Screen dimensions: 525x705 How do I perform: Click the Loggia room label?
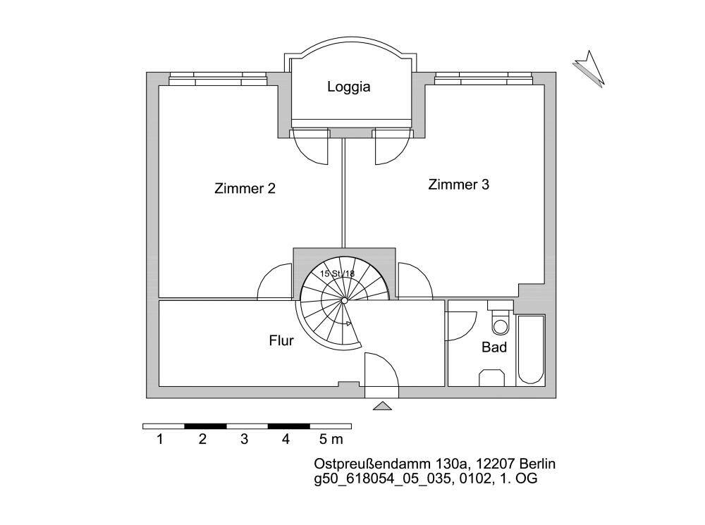coord(348,87)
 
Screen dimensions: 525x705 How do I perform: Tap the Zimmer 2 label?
coord(245,188)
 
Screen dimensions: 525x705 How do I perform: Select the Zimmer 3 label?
coord(458,185)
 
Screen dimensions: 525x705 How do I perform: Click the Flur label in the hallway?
coord(281,341)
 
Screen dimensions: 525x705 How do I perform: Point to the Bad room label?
coord(494,347)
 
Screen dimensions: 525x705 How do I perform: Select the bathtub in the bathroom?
coord(531,350)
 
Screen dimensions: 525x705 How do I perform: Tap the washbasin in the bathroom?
coord(493,378)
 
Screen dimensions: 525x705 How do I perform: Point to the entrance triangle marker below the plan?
coord(381,406)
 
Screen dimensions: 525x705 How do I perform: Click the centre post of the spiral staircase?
coord(344,301)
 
